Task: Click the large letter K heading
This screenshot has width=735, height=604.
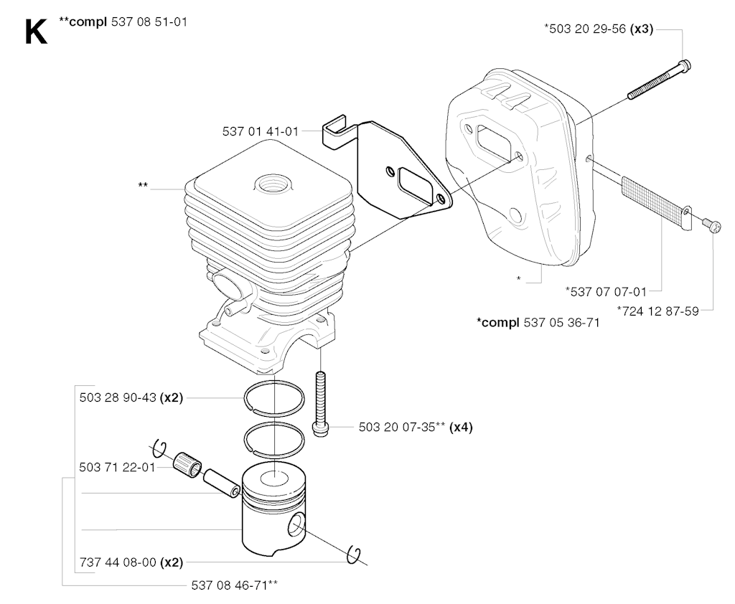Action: pos(36,32)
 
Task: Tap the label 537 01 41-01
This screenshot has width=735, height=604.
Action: pos(261,131)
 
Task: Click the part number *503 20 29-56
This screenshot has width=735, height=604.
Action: pos(586,29)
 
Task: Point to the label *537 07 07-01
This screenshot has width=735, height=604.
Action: pos(606,291)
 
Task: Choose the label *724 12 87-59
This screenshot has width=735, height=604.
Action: pos(657,311)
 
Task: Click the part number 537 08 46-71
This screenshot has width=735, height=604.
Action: pos(230,585)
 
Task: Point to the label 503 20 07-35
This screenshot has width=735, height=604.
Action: pos(398,428)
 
